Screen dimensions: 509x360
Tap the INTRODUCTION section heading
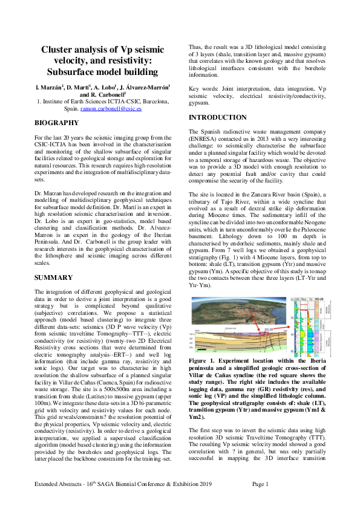(218, 117)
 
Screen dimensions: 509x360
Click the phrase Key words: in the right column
(204, 88)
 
